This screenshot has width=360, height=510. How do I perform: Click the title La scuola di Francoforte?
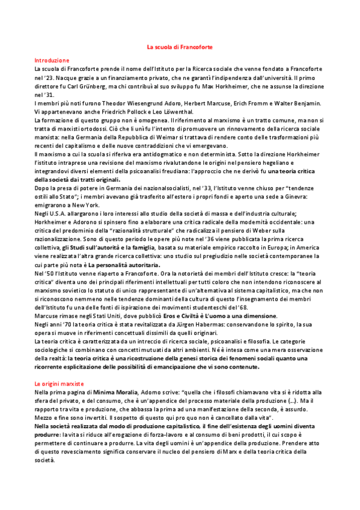[x=180, y=46]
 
